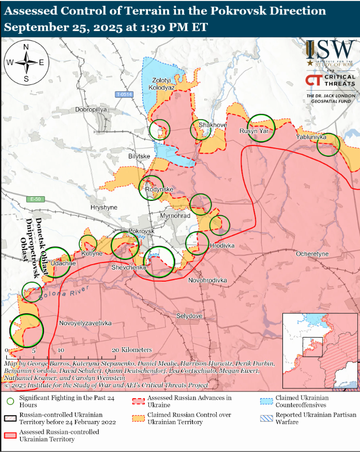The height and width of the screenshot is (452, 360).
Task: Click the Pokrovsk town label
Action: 141,231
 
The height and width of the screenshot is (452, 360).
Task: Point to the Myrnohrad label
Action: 175,215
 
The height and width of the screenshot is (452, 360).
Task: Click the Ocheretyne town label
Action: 312,254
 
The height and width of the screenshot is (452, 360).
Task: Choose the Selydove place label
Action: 189,315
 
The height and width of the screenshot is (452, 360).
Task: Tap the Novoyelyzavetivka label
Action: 85,323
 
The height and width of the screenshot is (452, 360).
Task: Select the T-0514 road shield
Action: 124,94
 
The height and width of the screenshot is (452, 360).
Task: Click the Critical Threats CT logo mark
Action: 312,80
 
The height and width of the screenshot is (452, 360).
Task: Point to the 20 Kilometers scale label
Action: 132,350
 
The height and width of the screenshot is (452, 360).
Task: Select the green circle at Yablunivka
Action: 328,144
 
